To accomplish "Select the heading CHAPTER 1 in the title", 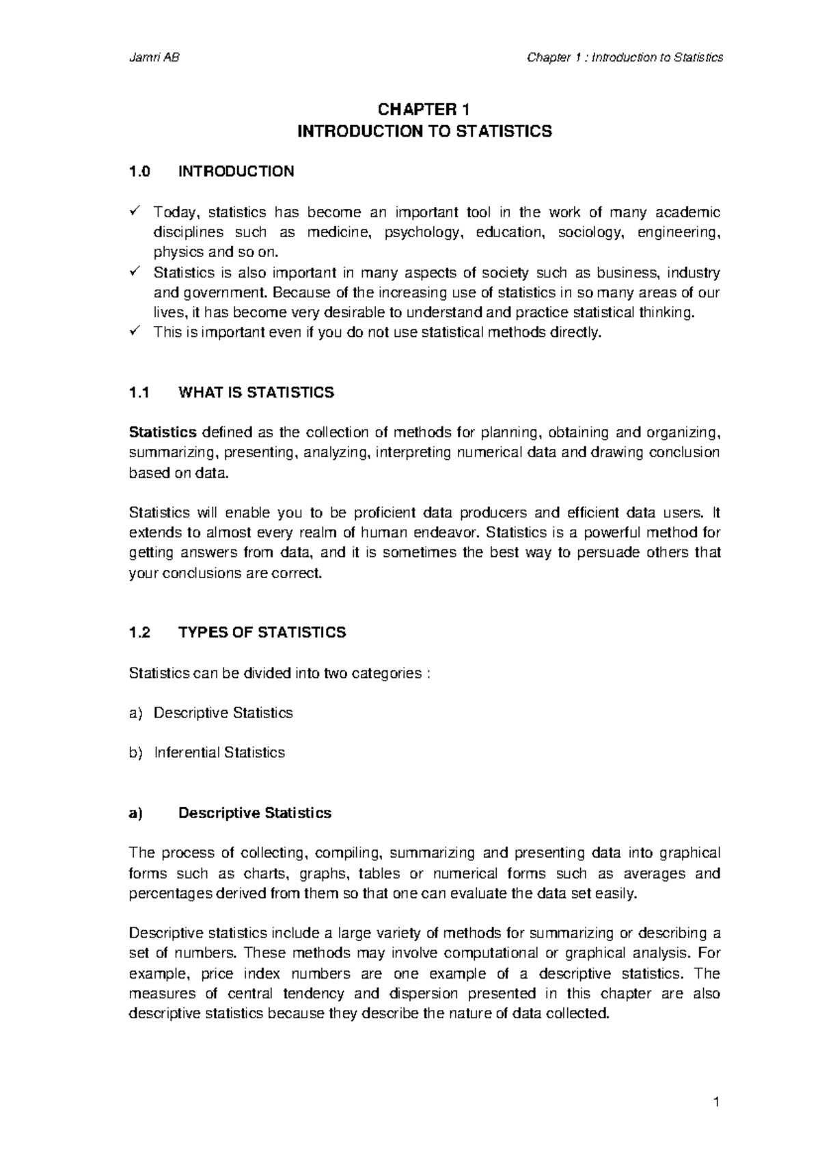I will (x=424, y=110).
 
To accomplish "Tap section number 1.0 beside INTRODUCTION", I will (x=139, y=171).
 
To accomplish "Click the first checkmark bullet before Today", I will (x=134, y=212).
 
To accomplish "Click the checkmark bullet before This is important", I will (x=134, y=332).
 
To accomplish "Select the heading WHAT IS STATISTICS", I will (x=256, y=392).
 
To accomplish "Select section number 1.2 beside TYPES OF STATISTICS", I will (x=139, y=633).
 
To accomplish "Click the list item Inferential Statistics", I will (x=219, y=752).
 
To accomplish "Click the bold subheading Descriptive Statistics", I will (x=254, y=813).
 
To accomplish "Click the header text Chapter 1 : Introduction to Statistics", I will (x=625, y=57).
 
